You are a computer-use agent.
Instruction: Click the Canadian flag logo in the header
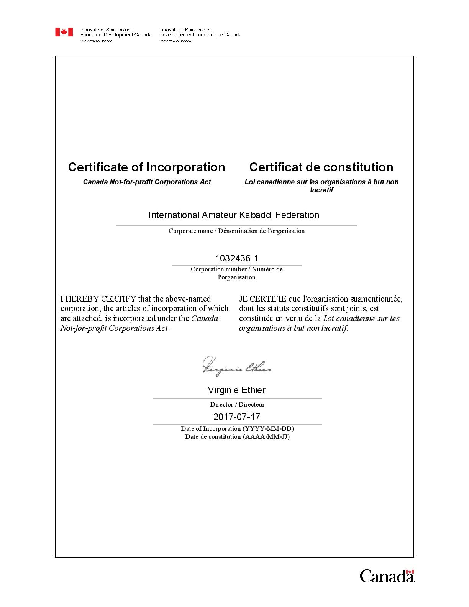click(x=64, y=32)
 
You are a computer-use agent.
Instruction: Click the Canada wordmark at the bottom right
click(x=387, y=576)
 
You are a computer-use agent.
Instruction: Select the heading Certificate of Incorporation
click(x=146, y=167)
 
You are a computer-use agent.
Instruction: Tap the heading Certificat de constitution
click(x=321, y=167)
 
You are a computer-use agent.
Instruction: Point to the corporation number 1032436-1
click(x=236, y=258)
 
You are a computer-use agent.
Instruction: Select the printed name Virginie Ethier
click(x=236, y=390)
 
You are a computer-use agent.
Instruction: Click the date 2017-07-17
click(x=236, y=417)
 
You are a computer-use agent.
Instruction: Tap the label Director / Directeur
click(x=237, y=405)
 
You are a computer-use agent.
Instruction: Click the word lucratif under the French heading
click(x=321, y=190)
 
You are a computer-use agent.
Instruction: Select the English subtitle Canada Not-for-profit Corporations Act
click(x=147, y=182)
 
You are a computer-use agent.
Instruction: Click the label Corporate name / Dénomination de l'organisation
click(x=236, y=231)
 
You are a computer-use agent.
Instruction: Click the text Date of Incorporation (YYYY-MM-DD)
click(x=237, y=429)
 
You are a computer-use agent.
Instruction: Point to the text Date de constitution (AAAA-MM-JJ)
click(x=237, y=437)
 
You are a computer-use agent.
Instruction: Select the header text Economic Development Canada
click(x=116, y=35)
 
